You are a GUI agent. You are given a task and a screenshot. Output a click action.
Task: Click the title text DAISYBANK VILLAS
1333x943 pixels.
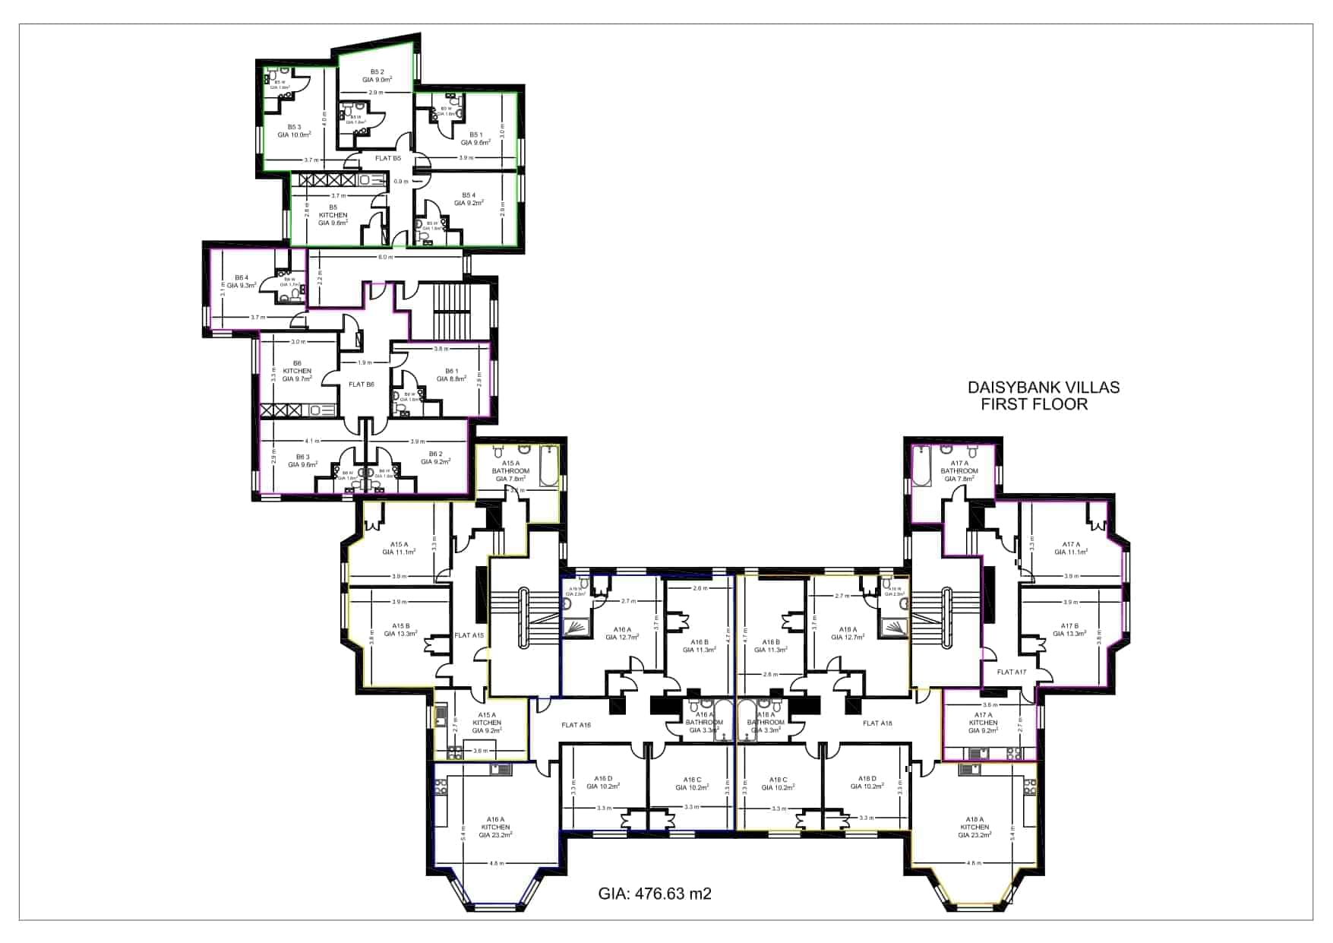point(1043,388)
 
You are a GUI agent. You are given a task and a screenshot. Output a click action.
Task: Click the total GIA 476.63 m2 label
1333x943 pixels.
point(655,894)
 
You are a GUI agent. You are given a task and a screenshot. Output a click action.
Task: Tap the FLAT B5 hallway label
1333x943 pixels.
point(388,158)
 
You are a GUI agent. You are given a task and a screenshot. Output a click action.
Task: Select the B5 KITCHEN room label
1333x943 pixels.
point(333,215)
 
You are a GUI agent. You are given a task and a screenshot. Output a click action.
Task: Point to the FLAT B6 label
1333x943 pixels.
point(362,384)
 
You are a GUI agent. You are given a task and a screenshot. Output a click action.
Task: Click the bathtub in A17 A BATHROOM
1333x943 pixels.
point(923,466)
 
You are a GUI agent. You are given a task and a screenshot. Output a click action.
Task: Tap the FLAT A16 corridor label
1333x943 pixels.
point(576,725)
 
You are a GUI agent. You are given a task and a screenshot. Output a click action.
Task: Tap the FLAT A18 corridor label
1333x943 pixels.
point(877,723)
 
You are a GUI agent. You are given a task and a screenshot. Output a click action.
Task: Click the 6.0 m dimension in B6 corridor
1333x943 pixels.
point(386,257)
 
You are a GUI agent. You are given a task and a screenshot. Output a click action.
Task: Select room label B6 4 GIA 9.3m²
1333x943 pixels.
point(242,281)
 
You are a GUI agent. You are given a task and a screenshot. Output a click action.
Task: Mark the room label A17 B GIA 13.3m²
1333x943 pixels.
point(1069,630)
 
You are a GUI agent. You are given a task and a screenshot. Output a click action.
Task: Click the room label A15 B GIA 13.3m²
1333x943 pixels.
point(400,630)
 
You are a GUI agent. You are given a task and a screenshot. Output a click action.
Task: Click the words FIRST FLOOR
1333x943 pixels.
point(1034,405)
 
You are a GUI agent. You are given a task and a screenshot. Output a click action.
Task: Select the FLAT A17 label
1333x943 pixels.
point(1011,672)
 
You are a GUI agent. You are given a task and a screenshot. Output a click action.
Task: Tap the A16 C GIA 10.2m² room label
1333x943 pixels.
point(692,783)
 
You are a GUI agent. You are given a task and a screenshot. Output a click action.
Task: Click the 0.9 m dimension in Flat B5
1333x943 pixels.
point(400,182)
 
